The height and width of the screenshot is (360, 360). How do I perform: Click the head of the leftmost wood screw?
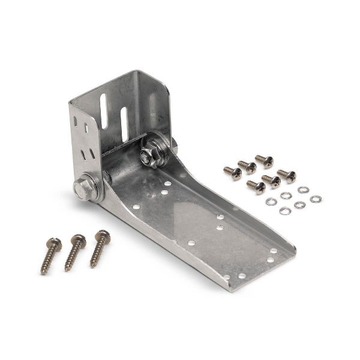tap(55, 244)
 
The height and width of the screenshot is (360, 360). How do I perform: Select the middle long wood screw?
tap(75, 252)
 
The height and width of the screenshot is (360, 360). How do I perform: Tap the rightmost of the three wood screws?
tap(100, 248)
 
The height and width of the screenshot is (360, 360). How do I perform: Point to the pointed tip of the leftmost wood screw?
tap(43, 272)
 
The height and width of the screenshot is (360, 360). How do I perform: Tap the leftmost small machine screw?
tap(233, 173)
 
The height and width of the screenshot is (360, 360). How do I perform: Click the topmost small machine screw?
tap(264, 160)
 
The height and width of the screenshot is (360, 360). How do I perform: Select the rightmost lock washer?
tap(316, 199)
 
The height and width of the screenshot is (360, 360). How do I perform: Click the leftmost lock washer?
tap(271, 201)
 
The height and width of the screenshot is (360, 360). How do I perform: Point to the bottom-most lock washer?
tap(285, 211)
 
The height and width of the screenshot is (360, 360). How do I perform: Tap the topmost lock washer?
tap(303, 190)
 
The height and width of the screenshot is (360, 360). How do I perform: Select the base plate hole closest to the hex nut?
tap(167, 183)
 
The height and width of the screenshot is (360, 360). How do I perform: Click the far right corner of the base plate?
tap(295, 247)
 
